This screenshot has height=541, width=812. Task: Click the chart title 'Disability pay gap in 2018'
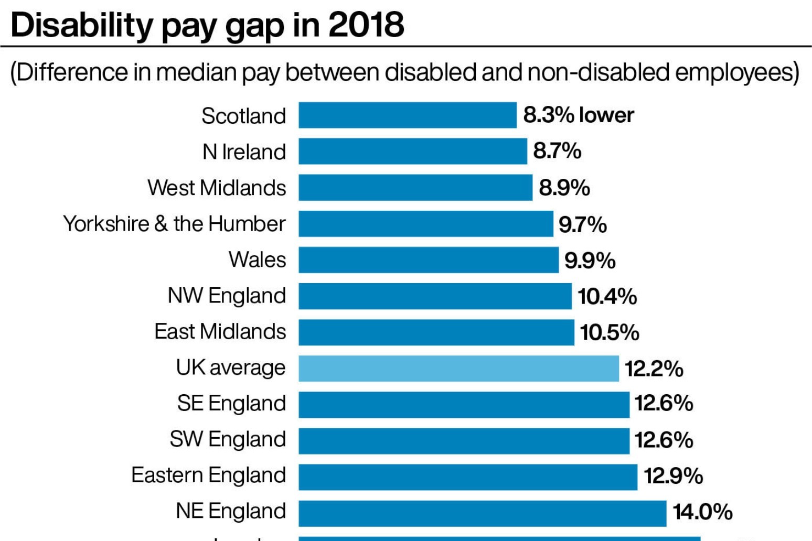click(x=207, y=25)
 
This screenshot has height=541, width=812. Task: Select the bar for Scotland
click(x=408, y=115)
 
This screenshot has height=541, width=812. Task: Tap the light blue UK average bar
click(x=458, y=369)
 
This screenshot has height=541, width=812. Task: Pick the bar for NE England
click(x=482, y=513)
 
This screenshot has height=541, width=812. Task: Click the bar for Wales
click(x=429, y=260)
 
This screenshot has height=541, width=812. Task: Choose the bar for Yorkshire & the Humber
click(x=426, y=224)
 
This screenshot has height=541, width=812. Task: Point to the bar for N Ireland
click(x=413, y=152)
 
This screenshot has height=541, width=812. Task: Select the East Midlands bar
click(x=436, y=332)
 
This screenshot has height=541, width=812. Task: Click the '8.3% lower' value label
click(x=579, y=115)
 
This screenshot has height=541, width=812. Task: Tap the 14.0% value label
click(x=702, y=512)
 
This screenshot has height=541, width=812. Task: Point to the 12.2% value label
click(x=654, y=369)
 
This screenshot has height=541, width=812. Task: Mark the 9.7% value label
click(x=582, y=225)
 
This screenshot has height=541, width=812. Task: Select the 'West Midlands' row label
click(x=217, y=188)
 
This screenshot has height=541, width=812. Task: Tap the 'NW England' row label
click(x=227, y=296)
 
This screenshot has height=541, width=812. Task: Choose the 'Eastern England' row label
click(x=209, y=475)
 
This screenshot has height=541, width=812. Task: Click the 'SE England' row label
click(x=231, y=404)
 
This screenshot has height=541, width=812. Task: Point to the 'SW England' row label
click(x=228, y=439)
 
